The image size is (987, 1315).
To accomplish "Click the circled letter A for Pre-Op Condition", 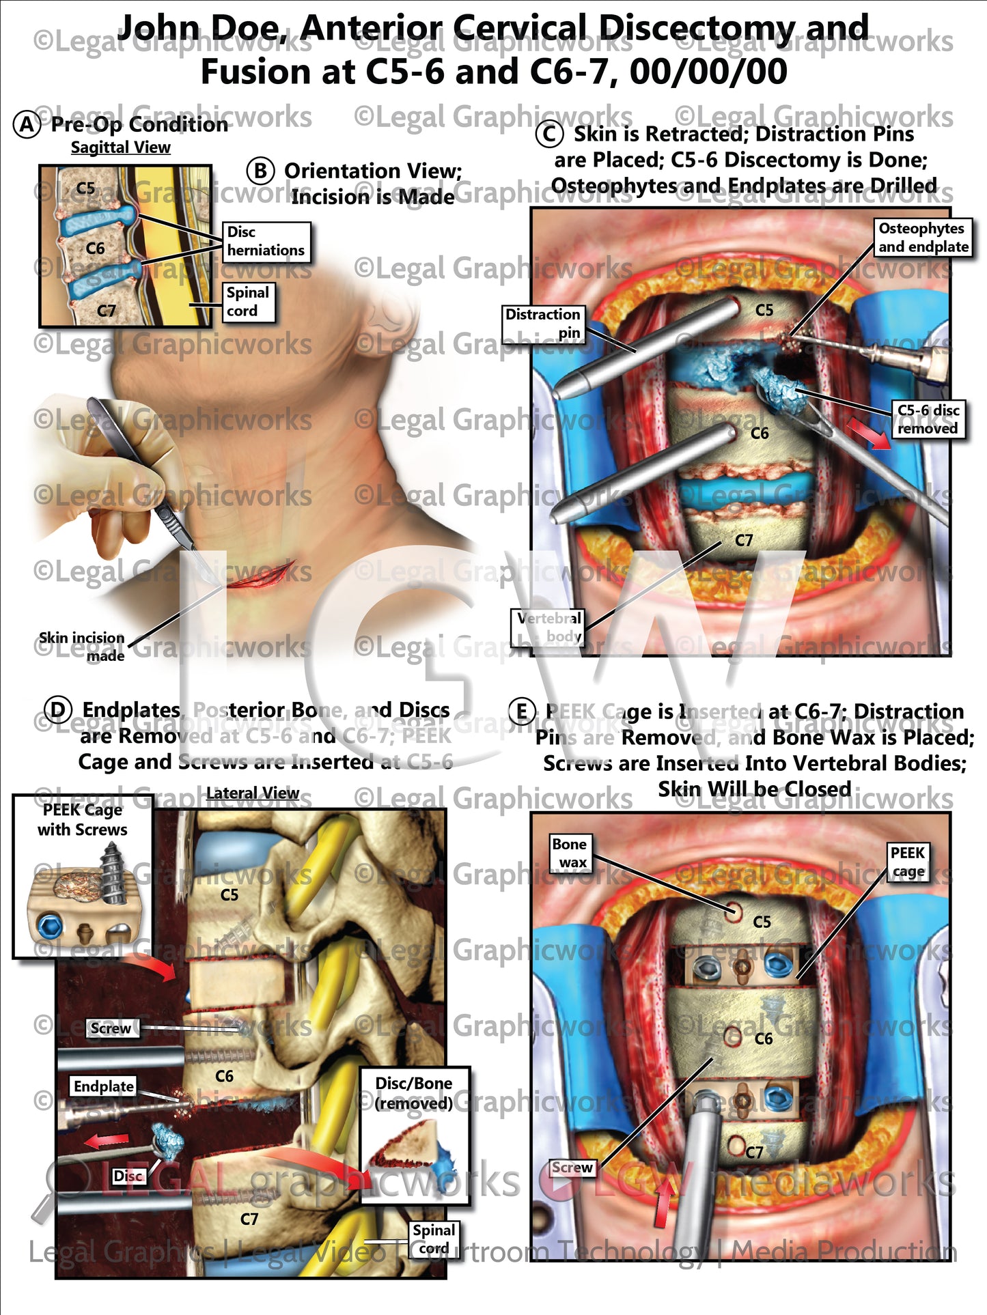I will click(x=27, y=125).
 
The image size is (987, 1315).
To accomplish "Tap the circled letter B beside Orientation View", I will click(x=261, y=171).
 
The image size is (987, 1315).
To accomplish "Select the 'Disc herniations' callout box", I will click(x=266, y=242).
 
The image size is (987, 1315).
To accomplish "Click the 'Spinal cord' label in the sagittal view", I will click(x=249, y=302).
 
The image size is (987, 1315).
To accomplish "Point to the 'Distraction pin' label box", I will click(x=544, y=324).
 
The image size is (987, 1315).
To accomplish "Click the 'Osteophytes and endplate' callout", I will click(x=923, y=238).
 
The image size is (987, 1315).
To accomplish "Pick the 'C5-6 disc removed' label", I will click(x=928, y=419).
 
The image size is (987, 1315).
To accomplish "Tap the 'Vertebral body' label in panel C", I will click(x=549, y=627).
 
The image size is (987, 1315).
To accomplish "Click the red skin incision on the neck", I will click(x=260, y=575).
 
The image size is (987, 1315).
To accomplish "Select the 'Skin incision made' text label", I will click(x=83, y=646).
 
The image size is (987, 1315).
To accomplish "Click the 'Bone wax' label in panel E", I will click(x=570, y=853).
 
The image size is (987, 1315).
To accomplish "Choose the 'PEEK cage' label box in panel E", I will click(x=907, y=862).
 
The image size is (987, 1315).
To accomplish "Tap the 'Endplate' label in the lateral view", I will click(x=104, y=1086).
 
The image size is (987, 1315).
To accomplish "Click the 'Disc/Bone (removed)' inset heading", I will click(x=414, y=1093).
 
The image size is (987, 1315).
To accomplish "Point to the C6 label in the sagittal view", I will click(x=96, y=249).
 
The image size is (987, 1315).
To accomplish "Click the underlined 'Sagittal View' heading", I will click(x=121, y=147).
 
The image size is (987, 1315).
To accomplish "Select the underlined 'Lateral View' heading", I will click(x=253, y=793).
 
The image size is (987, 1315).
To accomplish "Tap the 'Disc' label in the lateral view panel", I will click(x=128, y=1176).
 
